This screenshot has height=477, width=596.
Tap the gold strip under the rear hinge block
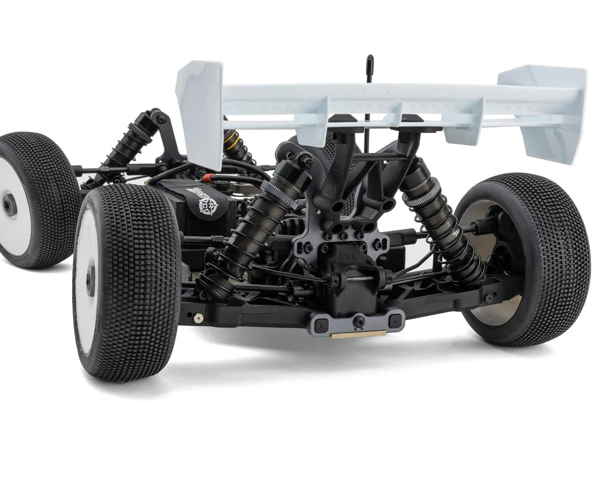[x=358, y=334]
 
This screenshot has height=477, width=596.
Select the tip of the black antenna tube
[x=370, y=59]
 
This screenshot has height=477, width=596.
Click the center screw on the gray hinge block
[x=359, y=321]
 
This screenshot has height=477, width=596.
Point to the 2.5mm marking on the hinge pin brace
[x=359, y=280]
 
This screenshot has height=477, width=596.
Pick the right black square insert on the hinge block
[x=394, y=320]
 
